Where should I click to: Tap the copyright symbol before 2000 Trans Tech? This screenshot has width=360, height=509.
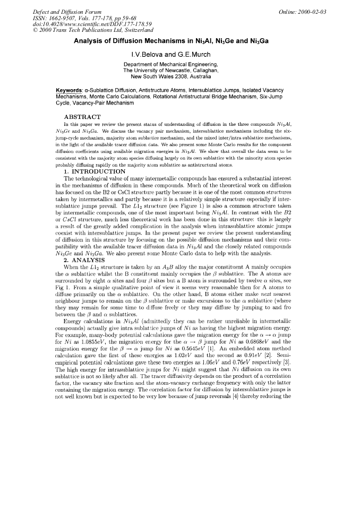point(35,31)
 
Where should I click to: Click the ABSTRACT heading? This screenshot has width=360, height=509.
point(82,116)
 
